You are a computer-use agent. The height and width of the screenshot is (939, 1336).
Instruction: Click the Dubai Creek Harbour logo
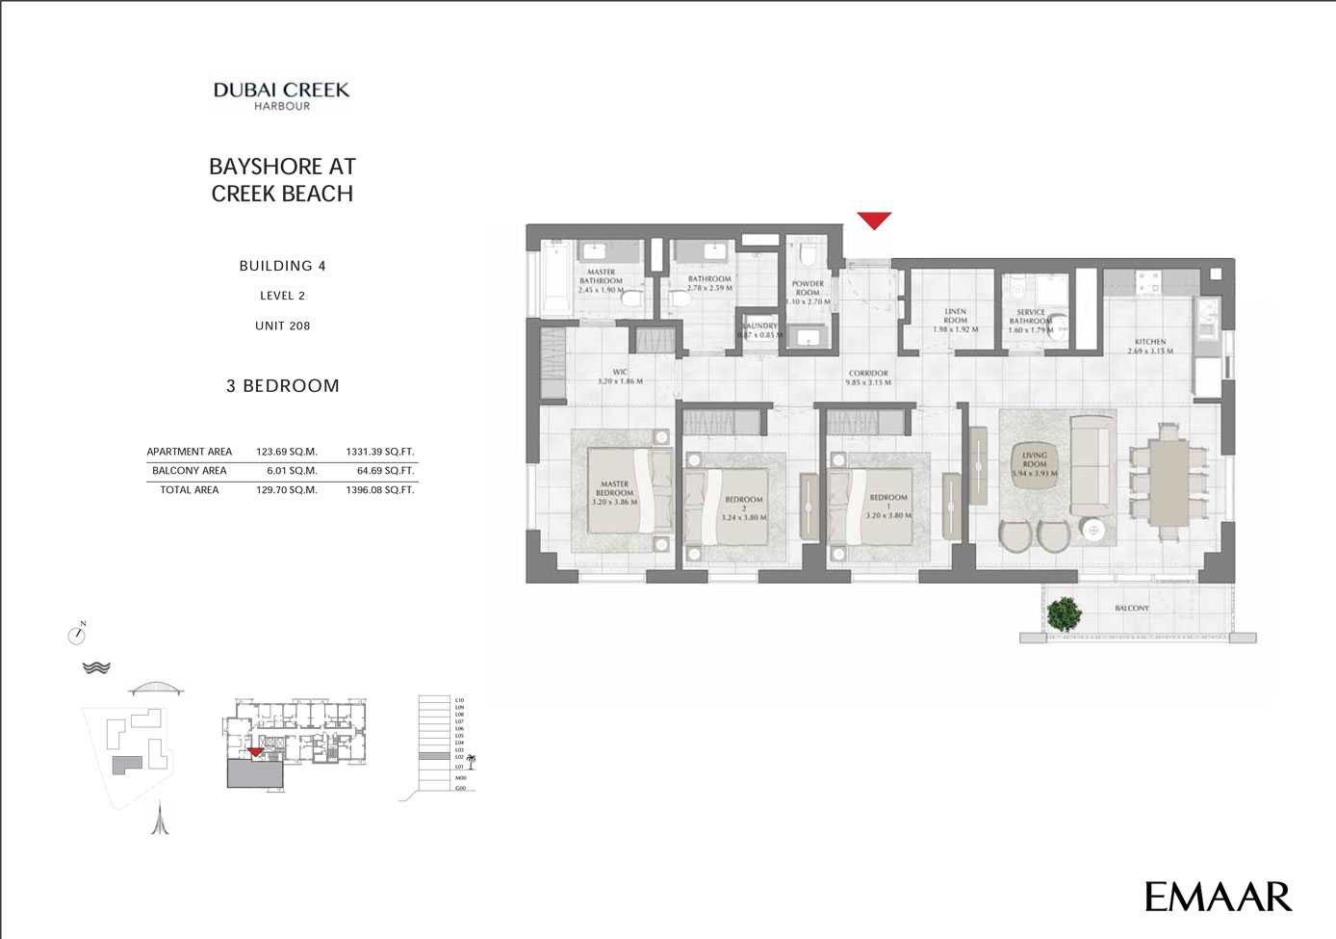point(281,95)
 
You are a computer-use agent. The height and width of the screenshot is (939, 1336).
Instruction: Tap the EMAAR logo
point(1218,897)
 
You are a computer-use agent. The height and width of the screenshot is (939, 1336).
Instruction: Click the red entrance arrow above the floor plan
point(874,221)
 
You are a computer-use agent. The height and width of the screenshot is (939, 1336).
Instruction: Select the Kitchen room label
point(1150,346)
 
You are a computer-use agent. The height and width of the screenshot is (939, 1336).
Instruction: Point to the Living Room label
point(1035,464)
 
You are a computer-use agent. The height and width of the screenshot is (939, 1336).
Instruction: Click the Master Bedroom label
point(614,492)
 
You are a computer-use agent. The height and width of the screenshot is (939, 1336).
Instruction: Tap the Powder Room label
point(808,292)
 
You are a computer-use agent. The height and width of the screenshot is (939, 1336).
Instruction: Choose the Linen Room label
point(955,321)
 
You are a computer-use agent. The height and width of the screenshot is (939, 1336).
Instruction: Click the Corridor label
point(868,377)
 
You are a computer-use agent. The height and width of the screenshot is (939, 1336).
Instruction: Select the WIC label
point(620,376)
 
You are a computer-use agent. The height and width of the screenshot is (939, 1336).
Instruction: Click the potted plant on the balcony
point(1064,614)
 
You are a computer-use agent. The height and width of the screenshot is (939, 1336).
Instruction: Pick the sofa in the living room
point(1092,467)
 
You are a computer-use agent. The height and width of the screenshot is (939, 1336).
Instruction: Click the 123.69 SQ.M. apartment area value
point(287,452)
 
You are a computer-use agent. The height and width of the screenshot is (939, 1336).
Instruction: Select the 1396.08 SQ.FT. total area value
point(379,490)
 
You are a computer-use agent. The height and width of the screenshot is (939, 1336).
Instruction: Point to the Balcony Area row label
point(190,471)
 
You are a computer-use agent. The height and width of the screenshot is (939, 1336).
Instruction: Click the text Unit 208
point(282,326)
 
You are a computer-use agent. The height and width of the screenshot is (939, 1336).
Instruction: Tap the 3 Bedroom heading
point(282,386)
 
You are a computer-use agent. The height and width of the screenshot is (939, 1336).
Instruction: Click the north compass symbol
point(77,635)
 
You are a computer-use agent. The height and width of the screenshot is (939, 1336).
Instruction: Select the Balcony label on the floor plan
point(1132,609)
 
